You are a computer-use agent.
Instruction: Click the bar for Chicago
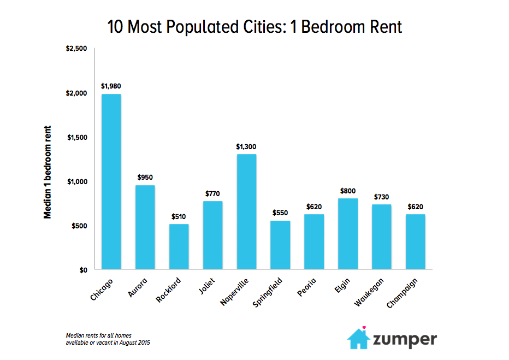pyautogui.click(x=111, y=182)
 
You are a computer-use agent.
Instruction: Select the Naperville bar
pyautogui.click(x=246, y=212)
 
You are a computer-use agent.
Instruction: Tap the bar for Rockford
pyautogui.click(x=179, y=247)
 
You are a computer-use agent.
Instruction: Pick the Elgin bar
pyautogui.click(x=347, y=234)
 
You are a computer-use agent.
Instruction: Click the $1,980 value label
pyautogui.click(x=111, y=86)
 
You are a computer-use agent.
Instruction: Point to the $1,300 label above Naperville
pyautogui.click(x=246, y=146)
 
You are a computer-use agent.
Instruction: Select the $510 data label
pyautogui.click(x=179, y=216)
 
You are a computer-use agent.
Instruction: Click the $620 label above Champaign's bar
pyautogui.click(x=415, y=207)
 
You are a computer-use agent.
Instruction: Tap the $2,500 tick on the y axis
pyautogui.click(x=76, y=49)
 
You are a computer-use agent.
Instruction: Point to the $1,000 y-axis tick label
pyautogui.click(x=76, y=181)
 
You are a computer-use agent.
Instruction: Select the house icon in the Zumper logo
pyautogui.click(x=358, y=338)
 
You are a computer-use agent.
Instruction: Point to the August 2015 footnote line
pyautogui.click(x=108, y=343)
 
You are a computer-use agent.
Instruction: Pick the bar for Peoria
pyautogui.click(x=314, y=242)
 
